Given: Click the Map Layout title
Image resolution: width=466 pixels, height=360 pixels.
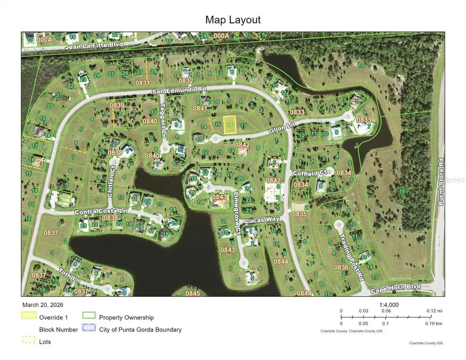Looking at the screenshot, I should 232,20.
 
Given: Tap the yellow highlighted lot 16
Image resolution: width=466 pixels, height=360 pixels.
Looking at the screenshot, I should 230,124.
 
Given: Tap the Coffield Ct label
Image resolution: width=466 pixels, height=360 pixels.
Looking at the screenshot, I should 311,172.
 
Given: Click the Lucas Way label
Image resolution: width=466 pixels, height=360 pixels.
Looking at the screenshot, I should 261,220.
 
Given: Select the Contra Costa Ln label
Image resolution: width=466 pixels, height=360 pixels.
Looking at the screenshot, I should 101,211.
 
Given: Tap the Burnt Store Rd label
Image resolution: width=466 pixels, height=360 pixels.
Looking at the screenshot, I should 441,179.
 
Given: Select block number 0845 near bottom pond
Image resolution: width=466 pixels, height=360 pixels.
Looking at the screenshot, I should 193,293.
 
